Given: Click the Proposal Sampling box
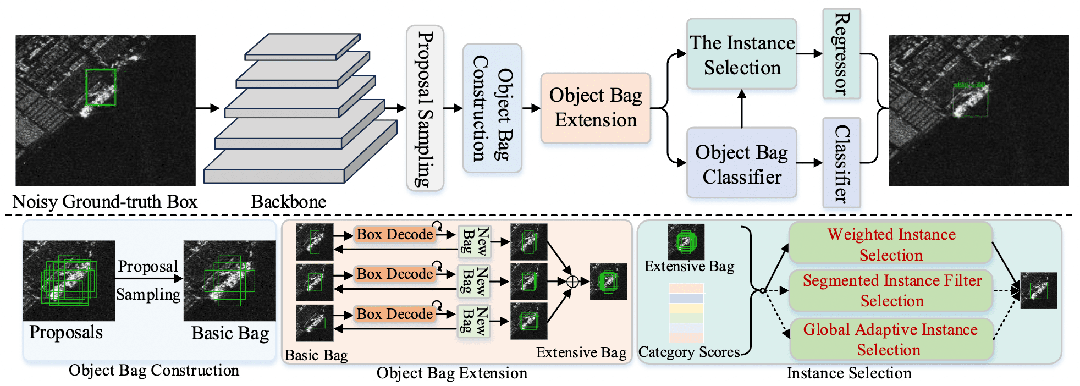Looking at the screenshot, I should (425, 108).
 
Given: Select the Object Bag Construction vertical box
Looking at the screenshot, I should (492, 108).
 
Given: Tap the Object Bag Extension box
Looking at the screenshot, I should (596, 108).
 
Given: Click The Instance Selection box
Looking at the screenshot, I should (741, 54).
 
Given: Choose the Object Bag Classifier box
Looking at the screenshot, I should (741, 163).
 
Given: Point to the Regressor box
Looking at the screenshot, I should (841, 54).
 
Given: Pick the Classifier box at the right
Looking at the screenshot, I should (841, 163).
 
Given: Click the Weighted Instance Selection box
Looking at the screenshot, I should (891, 244).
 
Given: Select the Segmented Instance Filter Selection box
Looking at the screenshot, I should (891, 290).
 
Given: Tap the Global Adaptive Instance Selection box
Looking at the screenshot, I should (891, 339).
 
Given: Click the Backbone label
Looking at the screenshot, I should (288, 202).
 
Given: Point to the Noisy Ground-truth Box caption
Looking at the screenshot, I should (104, 202).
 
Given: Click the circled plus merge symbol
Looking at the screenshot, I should (572, 282).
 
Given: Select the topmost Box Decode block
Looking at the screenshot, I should (394, 234).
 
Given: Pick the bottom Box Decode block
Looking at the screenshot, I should (394, 314).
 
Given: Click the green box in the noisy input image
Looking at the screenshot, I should (101, 87).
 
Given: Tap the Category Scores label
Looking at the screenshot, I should (688, 352).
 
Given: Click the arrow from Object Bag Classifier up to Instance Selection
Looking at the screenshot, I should (741, 109).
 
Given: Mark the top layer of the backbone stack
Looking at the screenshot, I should (302, 47).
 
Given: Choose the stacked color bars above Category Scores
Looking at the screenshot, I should (686, 313).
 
